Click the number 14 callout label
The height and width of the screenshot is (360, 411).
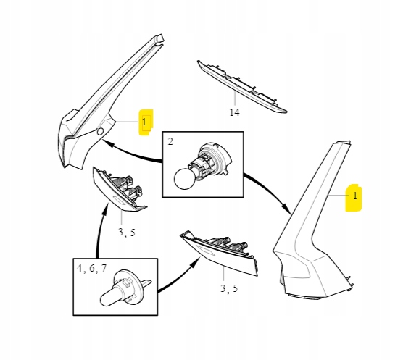tap(234, 112)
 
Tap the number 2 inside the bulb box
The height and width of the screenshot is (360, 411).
tap(170, 141)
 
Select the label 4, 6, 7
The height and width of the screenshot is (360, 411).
tap(92, 268)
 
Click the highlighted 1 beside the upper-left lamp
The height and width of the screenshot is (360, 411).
tap(144, 122)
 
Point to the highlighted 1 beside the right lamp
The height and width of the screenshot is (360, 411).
tap(355, 196)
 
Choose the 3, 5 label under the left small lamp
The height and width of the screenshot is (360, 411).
tap(127, 232)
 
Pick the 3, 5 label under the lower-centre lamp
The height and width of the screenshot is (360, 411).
tap(229, 288)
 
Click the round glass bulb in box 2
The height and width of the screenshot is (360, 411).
tap(185, 179)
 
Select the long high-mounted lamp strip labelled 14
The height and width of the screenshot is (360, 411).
tap(242, 87)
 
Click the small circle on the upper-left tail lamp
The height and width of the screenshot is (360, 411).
tap(100, 132)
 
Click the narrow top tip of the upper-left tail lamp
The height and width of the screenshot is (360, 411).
tap(159, 38)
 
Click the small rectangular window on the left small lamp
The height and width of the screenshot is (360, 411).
tap(120, 201)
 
